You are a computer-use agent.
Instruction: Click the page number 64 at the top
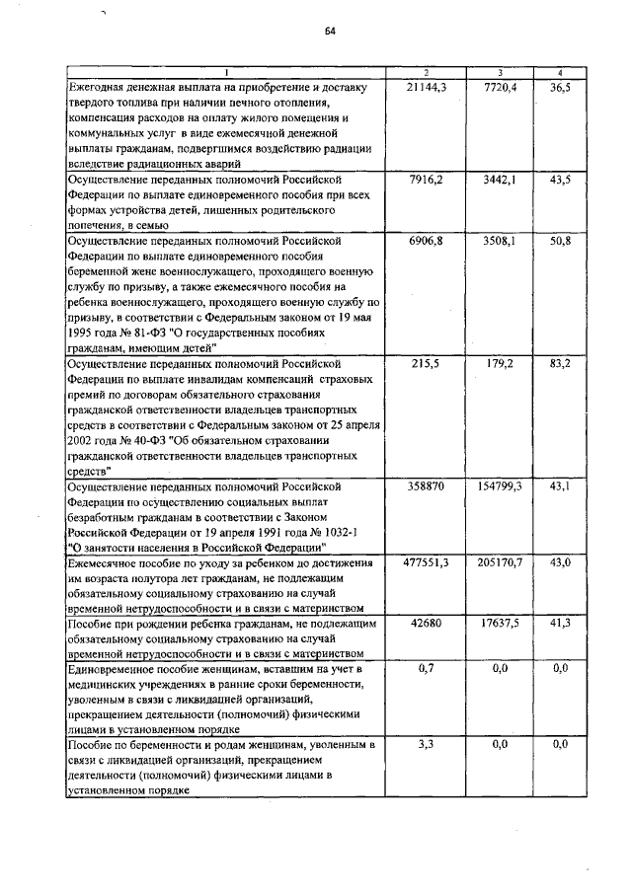[331, 31]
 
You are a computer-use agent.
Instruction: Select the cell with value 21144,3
[427, 88]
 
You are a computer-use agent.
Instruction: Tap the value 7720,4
[501, 88]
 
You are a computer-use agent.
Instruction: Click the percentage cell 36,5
[560, 88]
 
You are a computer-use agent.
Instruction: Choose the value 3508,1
[501, 240]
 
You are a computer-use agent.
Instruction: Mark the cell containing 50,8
[560, 240]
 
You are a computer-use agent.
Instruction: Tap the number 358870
[427, 486]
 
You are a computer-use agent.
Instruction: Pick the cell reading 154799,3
[501, 486]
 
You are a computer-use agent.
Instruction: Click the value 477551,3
[427, 561]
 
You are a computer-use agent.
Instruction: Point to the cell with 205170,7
[501, 561]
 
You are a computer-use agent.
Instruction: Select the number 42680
[427, 623]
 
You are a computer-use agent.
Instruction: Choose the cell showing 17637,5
[501, 623]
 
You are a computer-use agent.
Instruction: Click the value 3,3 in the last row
[427, 744]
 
